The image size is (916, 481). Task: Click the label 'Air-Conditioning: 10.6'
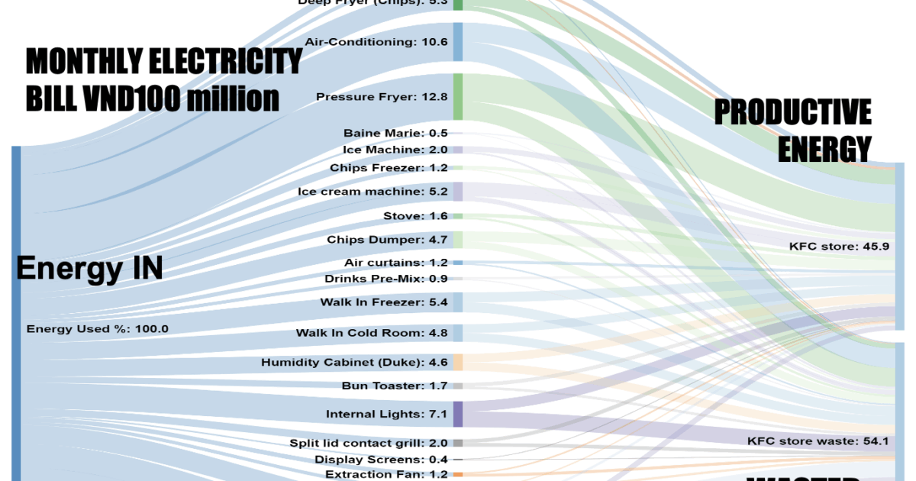pos(376,41)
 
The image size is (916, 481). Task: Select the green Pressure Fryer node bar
pos(458,96)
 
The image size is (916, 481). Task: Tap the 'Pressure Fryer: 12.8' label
pos(382,97)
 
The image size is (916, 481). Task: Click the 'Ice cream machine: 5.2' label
pos(373,191)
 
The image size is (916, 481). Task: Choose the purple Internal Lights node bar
pos(458,414)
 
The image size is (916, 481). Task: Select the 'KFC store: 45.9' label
pos(839,247)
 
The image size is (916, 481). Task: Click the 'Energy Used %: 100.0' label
pos(97,329)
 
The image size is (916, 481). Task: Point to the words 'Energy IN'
pos(89,269)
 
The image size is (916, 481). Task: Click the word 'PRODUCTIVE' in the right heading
pos(792,113)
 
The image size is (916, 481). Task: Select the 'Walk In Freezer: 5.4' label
pos(384,302)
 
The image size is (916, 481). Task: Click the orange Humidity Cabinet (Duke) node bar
pos(458,362)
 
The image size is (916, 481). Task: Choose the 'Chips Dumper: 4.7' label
pos(387,240)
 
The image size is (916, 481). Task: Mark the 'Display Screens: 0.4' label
pos(381,460)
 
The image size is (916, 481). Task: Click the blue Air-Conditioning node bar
pos(458,41)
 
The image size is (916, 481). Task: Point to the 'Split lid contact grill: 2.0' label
pos(369,443)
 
